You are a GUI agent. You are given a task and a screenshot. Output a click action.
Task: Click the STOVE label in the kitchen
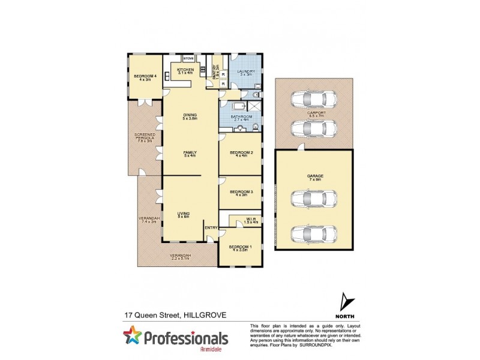point(188,58)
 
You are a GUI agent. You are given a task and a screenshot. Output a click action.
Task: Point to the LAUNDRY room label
point(246,73)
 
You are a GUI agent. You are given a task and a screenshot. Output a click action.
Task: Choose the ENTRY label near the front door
point(211,227)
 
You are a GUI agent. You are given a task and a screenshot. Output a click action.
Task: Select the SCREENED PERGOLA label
point(145,137)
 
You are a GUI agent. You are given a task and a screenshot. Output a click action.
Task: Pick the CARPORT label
point(316,112)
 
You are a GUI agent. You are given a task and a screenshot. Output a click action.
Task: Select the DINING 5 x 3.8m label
point(190,116)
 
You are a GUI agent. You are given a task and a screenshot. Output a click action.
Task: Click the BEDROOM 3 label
point(240,193)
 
